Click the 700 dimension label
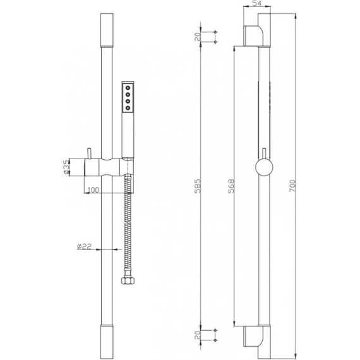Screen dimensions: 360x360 (x=292, y=186)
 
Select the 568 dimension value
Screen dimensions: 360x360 (x=231, y=186)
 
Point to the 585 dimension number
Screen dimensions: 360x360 (x=198, y=186)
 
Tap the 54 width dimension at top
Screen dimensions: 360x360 (x=256, y=3)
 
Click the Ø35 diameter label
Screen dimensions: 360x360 (x=66, y=167)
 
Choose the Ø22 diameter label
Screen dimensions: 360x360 (x=84, y=246)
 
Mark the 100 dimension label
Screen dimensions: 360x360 (x=93, y=190)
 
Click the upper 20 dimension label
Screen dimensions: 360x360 (x=198, y=37)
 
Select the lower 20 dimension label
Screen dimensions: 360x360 (x=198, y=335)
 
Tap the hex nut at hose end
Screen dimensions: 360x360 (x=128, y=281)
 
